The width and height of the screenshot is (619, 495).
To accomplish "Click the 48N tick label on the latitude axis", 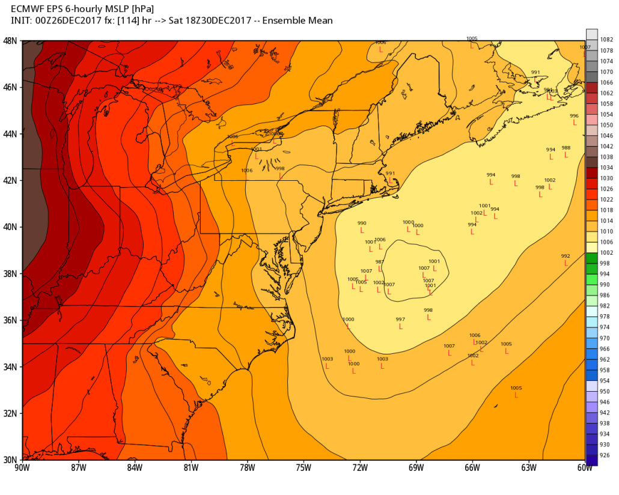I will pos(11,40).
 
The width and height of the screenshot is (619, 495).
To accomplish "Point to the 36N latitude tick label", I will pos(11,320).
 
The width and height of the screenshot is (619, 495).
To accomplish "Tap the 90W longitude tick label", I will pos(23,467).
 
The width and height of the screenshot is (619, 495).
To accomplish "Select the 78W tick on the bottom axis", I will pos(247,467).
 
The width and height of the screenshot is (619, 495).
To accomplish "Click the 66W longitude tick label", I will pos(472,467).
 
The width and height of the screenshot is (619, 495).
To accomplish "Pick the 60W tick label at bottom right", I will pos(584,467).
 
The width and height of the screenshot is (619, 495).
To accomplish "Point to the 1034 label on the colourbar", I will pos(606,167).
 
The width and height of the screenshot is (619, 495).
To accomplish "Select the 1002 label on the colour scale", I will pos(606,252).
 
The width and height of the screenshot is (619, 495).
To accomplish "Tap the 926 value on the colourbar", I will pos(606,455).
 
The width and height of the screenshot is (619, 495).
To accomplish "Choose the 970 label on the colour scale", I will pos(606,338).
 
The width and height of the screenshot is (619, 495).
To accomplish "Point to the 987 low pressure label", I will pos(380,262).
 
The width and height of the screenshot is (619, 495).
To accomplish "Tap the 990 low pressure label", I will pos(362,223).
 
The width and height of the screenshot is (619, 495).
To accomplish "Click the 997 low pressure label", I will pos(400,319).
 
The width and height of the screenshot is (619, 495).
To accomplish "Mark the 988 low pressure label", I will pos(566,148).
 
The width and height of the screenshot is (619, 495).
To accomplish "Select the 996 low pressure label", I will pos(574,116).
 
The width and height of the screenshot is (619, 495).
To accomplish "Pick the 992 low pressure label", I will pos(566,256).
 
